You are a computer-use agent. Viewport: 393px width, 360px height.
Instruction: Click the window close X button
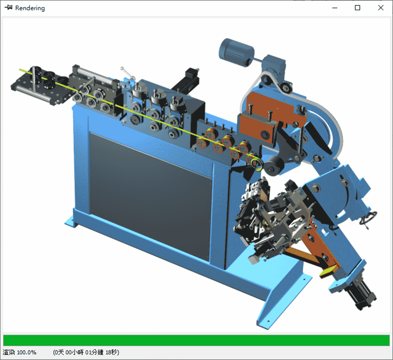[381, 8]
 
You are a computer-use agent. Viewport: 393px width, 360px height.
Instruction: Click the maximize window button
[358, 8]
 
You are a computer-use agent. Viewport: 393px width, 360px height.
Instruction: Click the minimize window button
[335, 8]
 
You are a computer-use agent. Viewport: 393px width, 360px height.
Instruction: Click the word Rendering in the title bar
[30, 8]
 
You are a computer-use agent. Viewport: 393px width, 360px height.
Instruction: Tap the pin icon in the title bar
[9, 8]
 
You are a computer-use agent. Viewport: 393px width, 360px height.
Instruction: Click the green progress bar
[196, 340]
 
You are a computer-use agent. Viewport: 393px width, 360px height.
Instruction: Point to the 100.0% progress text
[27, 352]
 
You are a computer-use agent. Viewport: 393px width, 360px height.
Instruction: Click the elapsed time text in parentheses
[86, 352]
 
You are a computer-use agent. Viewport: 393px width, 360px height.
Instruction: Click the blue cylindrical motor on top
[236, 52]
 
